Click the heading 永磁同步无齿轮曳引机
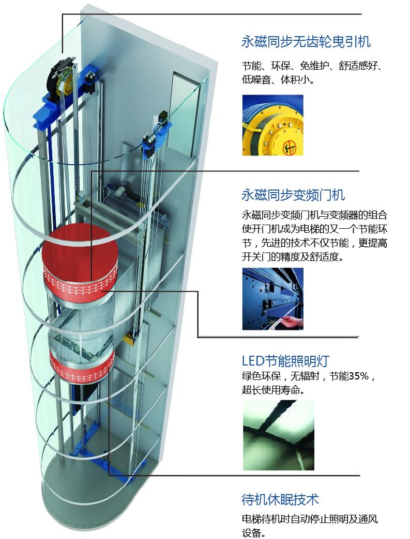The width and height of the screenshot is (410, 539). click(306, 42)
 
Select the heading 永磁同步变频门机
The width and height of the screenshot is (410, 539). click(293, 195)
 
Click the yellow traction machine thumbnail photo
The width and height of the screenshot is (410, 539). click(272, 125)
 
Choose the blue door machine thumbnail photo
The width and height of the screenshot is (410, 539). click(272, 298)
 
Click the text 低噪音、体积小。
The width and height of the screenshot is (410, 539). click(278, 80)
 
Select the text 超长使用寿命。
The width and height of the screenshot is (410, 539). click(272, 390)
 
